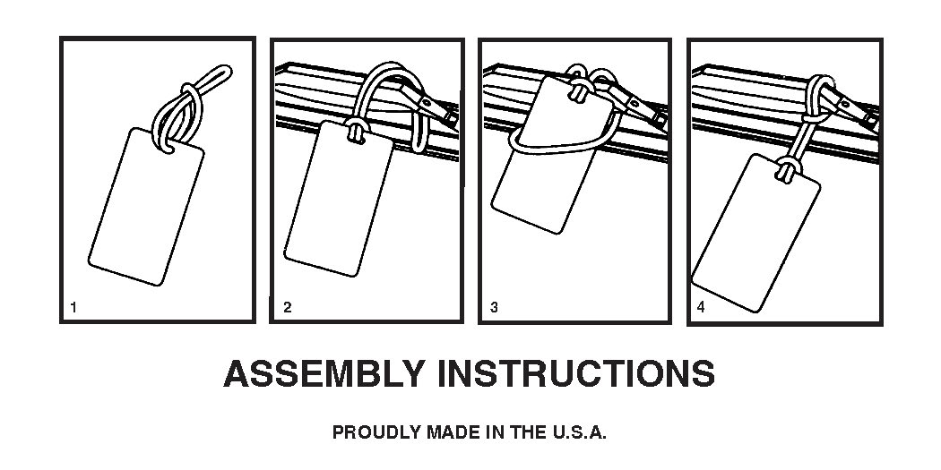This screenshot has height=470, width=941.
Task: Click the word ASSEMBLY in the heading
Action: (x=324, y=374)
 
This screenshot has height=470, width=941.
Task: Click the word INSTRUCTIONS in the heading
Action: (x=576, y=374)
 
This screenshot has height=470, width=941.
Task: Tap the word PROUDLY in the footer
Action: (x=377, y=432)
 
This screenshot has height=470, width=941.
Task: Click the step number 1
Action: (x=73, y=308)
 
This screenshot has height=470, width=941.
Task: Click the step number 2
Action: (x=288, y=308)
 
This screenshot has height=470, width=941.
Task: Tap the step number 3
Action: (x=494, y=308)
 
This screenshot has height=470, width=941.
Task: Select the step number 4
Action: (x=701, y=308)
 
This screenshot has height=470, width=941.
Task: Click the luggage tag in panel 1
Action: (x=146, y=206)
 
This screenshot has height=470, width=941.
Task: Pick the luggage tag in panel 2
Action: (x=339, y=199)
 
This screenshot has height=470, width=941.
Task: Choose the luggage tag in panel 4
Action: (x=755, y=233)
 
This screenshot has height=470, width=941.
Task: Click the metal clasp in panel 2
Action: (x=437, y=110)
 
